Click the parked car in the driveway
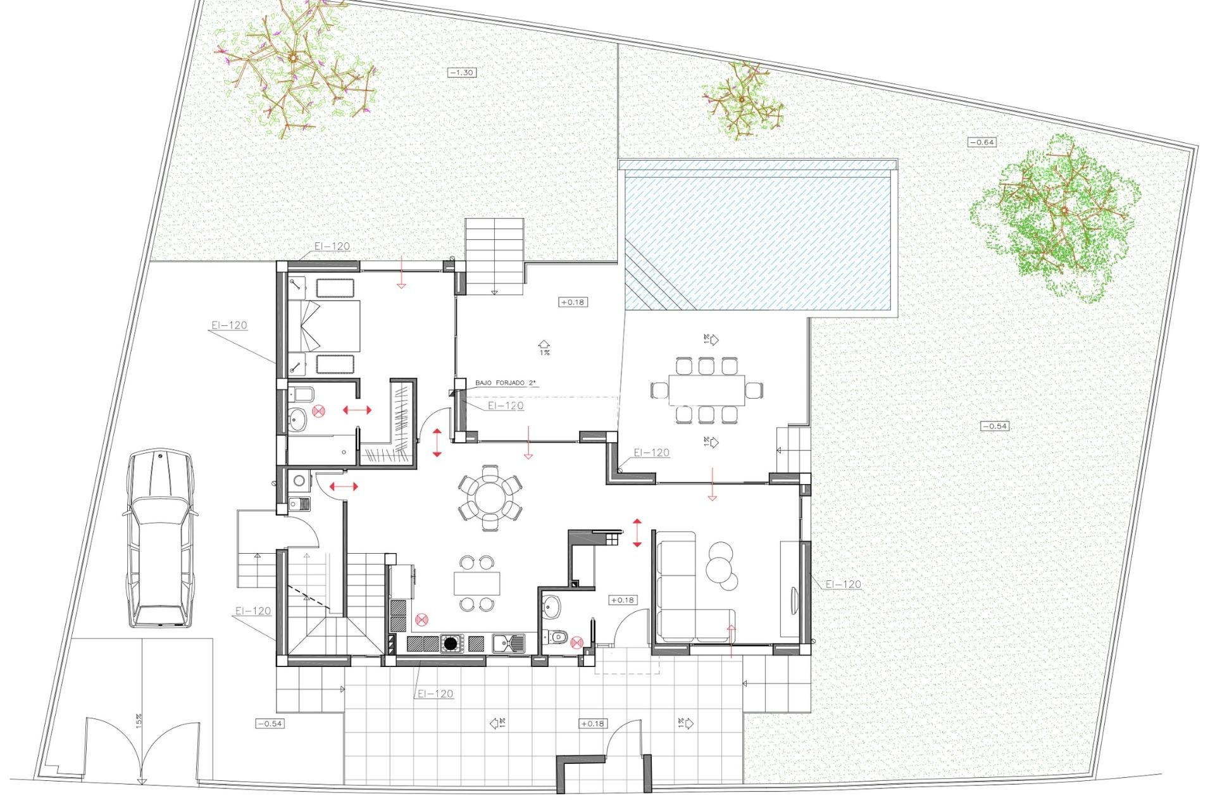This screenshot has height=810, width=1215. click(159, 539)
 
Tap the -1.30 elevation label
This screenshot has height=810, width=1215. click(461, 73)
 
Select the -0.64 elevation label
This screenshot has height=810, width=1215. click(982, 142)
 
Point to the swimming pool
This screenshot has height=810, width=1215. click(759, 240)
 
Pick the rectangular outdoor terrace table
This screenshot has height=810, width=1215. click(707, 391)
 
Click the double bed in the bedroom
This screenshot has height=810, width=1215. click(329, 326)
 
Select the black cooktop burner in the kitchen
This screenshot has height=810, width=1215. click(451, 644)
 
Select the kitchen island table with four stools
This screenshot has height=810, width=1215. click(477, 583)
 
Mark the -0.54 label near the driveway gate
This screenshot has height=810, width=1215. click(270, 723)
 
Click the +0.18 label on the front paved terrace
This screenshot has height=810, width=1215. click(592, 723)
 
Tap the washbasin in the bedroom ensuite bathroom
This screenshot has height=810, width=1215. click(297, 418)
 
